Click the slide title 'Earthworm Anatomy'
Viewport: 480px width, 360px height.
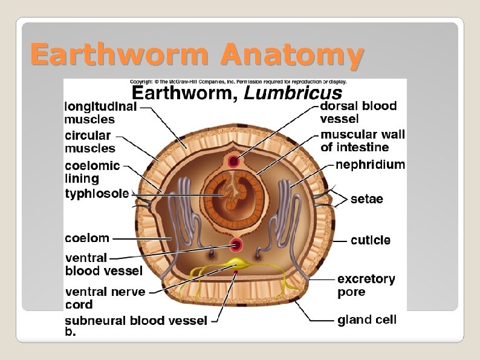click(x=197, y=56)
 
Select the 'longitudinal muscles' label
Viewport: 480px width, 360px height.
click(x=101, y=113)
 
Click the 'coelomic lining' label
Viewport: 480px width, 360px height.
click(x=92, y=172)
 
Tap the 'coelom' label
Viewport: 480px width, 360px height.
click(x=87, y=238)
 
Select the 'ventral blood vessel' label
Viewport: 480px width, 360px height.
click(x=103, y=264)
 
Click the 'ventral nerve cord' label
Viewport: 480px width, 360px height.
click(x=105, y=298)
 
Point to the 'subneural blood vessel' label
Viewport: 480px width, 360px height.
click(x=136, y=321)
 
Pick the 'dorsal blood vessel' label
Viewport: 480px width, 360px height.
click(x=358, y=112)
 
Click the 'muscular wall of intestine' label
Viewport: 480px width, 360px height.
click(x=363, y=140)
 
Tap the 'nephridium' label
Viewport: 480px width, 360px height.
click(x=370, y=165)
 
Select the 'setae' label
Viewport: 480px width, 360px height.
click(x=367, y=199)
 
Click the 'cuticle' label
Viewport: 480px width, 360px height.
click(x=371, y=240)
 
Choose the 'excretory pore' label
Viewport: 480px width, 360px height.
click(x=366, y=285)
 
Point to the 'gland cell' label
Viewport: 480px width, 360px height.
click(x=367, y=319)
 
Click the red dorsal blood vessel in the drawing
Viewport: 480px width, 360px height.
click(x=233, y=162)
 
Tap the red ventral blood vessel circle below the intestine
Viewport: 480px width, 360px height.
click(x=236, y=246)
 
